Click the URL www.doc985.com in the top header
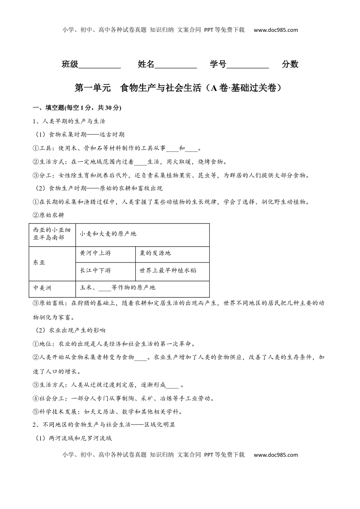point(275,30)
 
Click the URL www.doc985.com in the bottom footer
point(275,455)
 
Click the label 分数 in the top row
point(290,64)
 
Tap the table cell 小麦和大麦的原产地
point(108,234)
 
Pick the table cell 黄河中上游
point(95,253)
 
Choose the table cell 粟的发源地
point(155,253)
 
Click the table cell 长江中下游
point(95,271)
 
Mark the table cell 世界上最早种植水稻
point(168,271)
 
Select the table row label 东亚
point(39,262)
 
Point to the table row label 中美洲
point(42,288)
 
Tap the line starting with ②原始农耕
point(49,215)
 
